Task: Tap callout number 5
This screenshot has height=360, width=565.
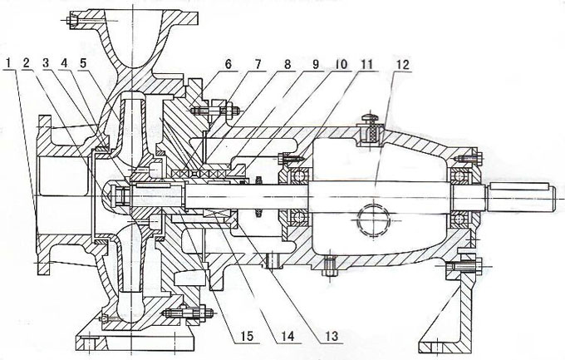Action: pyautogui.click(x=83, y=63)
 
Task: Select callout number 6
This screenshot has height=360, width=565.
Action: pyautogui.click(x=228, y=64)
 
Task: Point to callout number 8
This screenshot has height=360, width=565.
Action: pyautogui.click(x=287, y=64)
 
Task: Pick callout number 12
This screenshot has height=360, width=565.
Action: pyautogui.click(x=402, y=65)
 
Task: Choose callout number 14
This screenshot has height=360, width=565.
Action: pyautogui.click(x=287, y=336)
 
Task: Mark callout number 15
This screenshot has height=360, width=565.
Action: pyautogui.click(x=246, y=336)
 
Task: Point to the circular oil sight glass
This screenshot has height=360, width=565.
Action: pyautogui.click(x=373, y=219)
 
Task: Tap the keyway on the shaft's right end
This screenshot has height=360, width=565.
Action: pyautogui.click(x=518, y=186)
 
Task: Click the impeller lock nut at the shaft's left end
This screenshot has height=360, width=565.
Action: pyautogui.click(x=118, y=195)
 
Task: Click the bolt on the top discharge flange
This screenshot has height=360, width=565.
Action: pyautogui.click(x=74, y=21)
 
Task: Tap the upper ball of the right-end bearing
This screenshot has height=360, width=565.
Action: pyautogui.click(x=459, y=176)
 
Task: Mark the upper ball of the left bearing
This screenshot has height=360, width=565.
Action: pyautogui.click(x=298, y=175)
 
